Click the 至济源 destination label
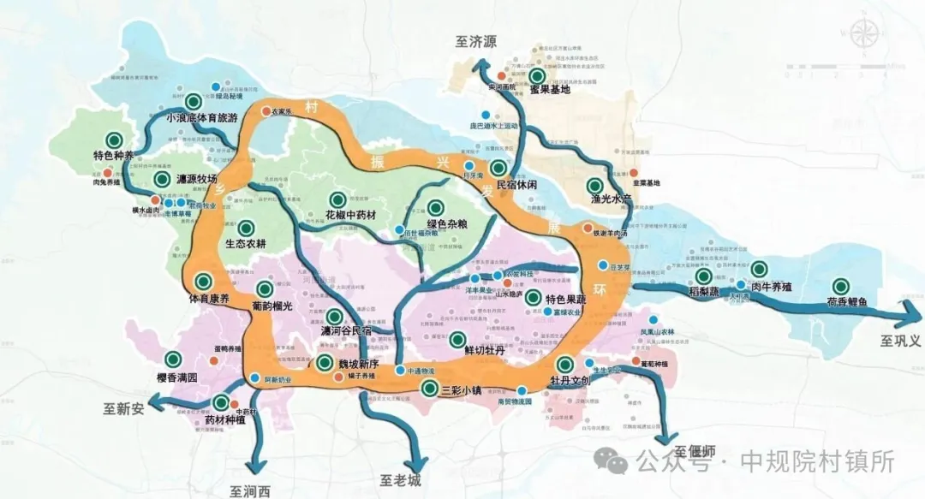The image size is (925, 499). click(x=477, y=41)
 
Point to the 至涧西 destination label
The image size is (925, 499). click(x=250, y=490)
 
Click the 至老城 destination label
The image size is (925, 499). click(x=400, y=480)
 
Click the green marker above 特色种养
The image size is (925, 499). click(x=113, y=140)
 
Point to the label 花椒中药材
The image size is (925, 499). click(x=351, y=213)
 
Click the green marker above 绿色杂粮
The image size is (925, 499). click(x=435, y=207)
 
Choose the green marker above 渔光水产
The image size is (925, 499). click(x=594, y=185)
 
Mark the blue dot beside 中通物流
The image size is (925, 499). click(x=400, y=371)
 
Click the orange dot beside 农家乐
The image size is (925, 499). click(x=266, y=111)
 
